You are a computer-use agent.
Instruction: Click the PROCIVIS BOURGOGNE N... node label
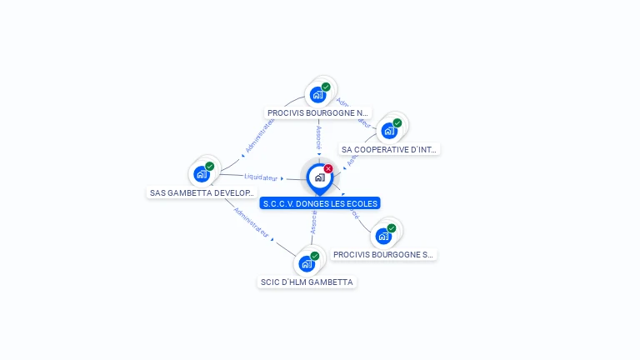(317, 112)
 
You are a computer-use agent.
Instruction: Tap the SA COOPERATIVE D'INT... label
(389, 150)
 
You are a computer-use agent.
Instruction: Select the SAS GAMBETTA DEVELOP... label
(201, 193)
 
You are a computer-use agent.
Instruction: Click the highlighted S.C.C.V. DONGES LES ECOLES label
(320, 203)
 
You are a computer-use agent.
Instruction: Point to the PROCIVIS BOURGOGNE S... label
(383, 255)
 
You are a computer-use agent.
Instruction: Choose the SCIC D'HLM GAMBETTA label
(307, 282)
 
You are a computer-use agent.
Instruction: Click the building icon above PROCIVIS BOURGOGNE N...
(317, 94)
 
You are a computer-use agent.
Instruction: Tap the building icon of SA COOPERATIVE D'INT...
(388, 131)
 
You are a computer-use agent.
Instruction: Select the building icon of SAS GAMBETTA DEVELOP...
(201, 174)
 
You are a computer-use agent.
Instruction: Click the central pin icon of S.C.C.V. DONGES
(319, 177)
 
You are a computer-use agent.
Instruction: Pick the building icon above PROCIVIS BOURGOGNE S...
(382, 236)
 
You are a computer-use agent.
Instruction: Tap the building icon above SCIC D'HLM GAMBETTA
(306, 264)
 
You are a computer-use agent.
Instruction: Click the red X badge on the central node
(328, 168)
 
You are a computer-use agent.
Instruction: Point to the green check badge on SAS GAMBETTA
(210, 166)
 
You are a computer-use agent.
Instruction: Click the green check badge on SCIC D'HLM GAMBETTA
(315, 256)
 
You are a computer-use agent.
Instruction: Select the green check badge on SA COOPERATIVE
(397, 122)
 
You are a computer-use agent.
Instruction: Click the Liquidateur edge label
(261, 177)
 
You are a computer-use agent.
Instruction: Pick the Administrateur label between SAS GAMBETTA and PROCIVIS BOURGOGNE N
(258, 135)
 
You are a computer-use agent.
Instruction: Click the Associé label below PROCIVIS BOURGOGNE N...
(318, 138)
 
